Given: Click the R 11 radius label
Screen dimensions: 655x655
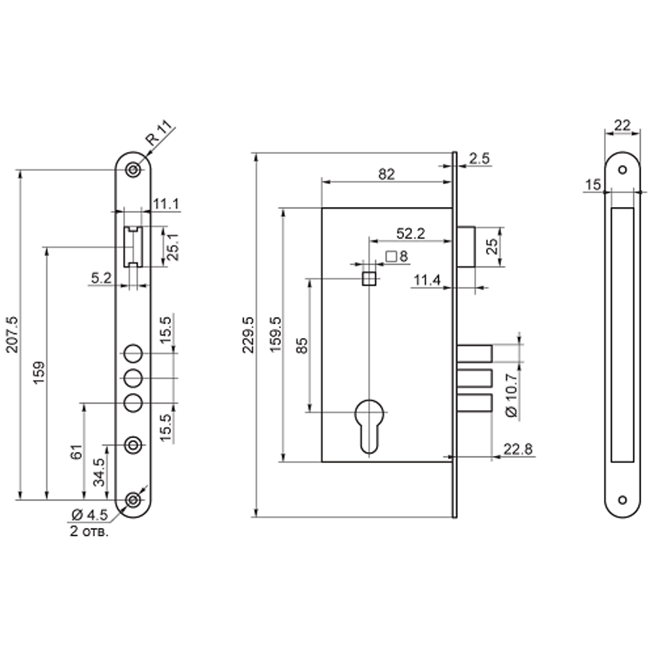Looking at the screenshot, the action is coord(159,133).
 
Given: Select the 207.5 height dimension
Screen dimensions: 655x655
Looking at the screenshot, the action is coord(12,334).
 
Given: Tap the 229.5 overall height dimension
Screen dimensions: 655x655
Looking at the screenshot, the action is coord(248,335).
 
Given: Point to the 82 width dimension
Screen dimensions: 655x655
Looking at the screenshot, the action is coord(386,174).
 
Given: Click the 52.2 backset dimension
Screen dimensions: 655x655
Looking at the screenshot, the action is coord(411,234).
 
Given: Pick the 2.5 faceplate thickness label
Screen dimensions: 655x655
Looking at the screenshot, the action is coord(479,159).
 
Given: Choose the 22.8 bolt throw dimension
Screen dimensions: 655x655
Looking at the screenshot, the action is coord(518,449).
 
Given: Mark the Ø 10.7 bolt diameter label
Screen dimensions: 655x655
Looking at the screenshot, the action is coord(512,395).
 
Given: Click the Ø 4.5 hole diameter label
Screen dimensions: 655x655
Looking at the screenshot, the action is coord(90,515).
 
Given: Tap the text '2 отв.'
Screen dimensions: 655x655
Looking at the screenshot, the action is coord(89,532).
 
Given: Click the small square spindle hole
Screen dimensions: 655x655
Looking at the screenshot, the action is coord(369,278).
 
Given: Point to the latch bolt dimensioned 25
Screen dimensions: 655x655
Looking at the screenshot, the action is coord(466,247).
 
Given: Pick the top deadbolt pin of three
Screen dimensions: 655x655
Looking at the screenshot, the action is coord(474,354).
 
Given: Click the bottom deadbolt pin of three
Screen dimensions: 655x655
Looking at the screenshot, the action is coord(474,403).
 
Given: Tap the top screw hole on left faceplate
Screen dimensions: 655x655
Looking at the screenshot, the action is coord(133,170).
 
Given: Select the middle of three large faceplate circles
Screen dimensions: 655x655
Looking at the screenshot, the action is coord(133,379).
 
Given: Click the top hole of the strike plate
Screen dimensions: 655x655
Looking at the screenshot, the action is coord(622,170).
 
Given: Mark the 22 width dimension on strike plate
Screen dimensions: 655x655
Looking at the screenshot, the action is coord(622,125).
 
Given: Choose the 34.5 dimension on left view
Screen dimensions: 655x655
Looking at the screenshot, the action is coord(99,472).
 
